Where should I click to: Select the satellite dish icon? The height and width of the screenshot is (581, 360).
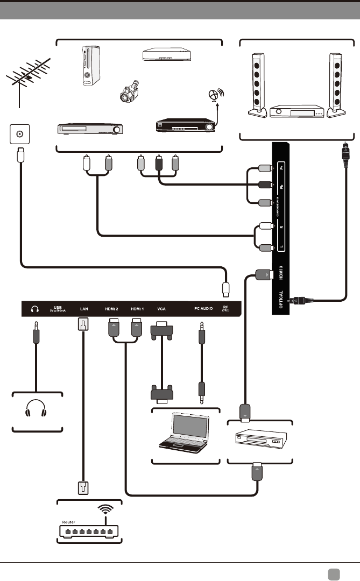pos(215,96)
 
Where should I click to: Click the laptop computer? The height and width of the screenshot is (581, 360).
pos(182,433)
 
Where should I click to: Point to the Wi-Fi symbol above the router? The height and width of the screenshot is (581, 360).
pos(105,509)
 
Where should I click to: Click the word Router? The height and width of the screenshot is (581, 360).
pos(69,520)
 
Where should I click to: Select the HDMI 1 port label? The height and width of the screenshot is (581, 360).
pos(137,309)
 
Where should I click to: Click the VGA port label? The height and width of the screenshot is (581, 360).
pos(161,309)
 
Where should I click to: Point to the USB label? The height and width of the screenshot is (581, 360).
pos(59,307)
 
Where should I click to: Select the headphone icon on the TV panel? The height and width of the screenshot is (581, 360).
pos(36,309)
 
